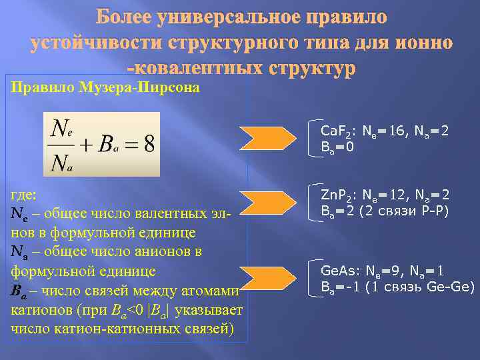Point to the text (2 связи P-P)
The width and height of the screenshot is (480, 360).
(x=403, y=212)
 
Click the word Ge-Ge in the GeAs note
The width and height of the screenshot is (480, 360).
(x=454, y=287)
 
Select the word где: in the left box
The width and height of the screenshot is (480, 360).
(x=25, y=195)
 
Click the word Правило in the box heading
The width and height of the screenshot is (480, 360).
(x=39, y=88)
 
